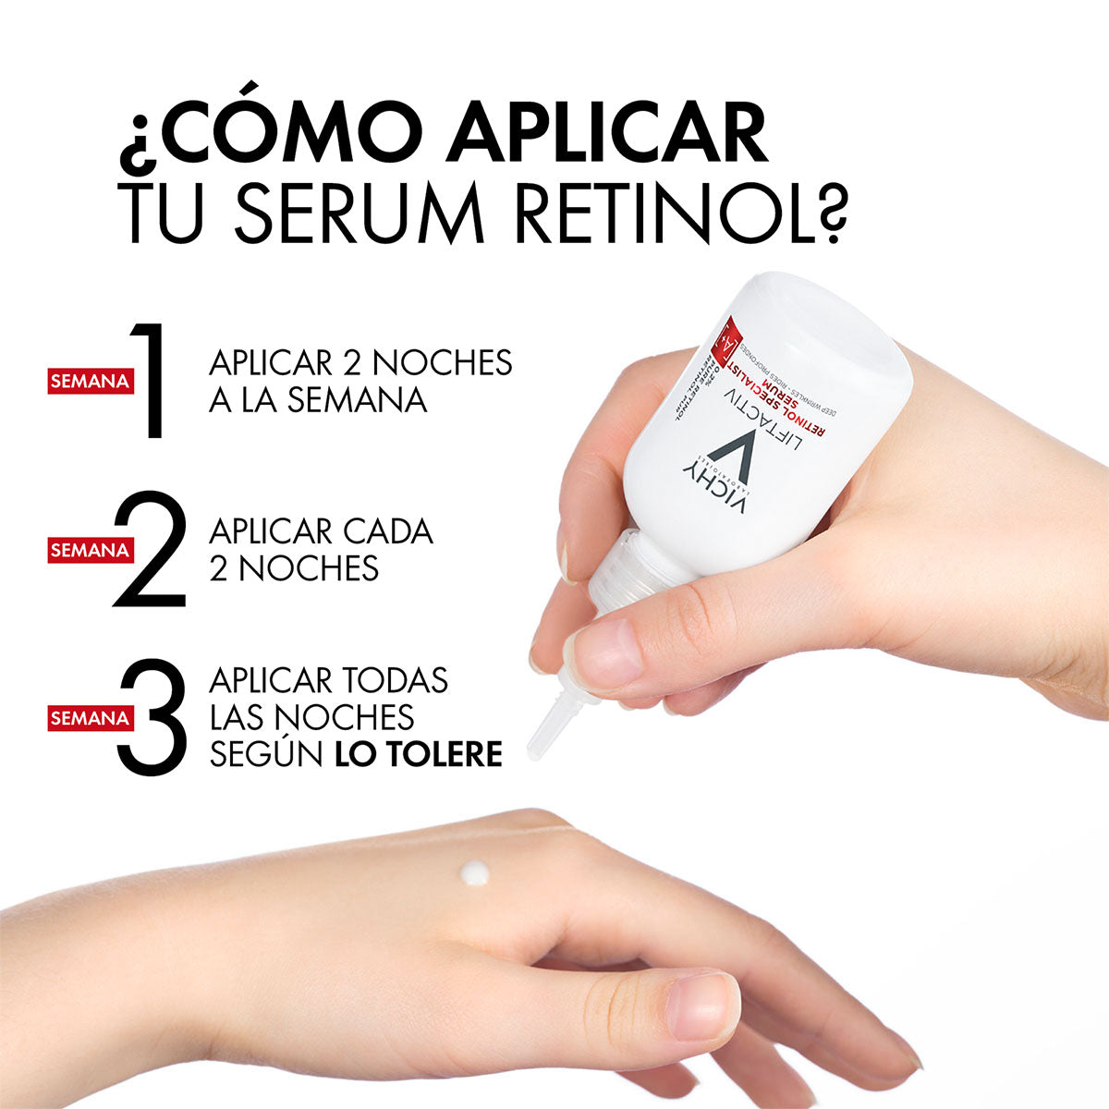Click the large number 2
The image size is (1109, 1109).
point(150,550)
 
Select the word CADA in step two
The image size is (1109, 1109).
point(389,531)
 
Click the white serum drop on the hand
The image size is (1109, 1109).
point(475,871)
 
